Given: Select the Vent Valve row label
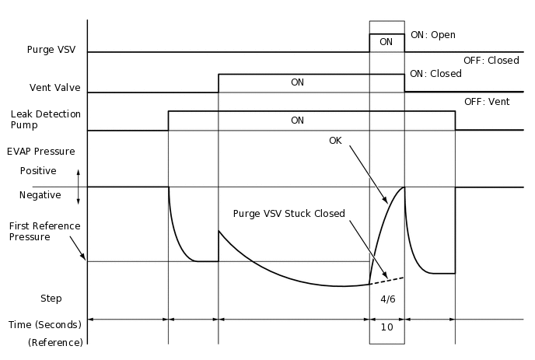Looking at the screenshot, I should (55, 88).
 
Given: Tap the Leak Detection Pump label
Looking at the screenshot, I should (45, 120).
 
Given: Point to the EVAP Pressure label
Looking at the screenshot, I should (40, 151).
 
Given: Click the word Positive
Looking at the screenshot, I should (38, 170).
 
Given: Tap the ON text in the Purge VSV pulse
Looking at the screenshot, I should (386, 42).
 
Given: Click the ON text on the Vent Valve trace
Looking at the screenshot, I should (297, 82).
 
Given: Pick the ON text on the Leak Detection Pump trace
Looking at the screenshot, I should (297, 121).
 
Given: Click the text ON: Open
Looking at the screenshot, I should (432, 35).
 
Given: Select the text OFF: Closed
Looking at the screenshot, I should (491, 60).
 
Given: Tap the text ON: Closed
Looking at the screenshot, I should (435, 74).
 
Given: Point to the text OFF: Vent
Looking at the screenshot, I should (486, 101).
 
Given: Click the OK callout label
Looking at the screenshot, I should (335, 141).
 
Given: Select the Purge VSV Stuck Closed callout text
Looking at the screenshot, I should (288, 214).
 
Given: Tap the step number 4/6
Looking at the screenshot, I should (386, 299).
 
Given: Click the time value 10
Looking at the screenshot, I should (386, 327).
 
